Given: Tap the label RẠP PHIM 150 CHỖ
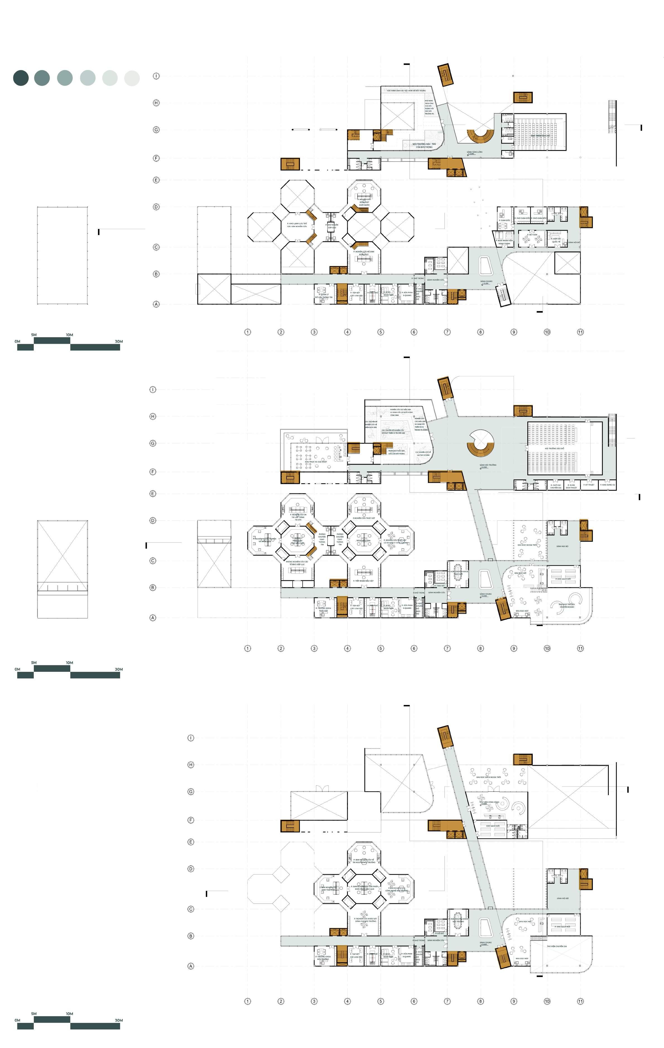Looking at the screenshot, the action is [x=540, y=136].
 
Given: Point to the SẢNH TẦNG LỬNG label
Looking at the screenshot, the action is [x=474, y=152].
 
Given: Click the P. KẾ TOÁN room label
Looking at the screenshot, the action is [x=532, y=235].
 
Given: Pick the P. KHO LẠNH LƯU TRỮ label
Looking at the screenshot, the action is [x=297, y=224].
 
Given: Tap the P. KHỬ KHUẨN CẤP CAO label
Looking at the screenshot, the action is [x=332, y=226].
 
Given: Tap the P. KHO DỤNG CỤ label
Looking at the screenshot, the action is [x=607, y=484].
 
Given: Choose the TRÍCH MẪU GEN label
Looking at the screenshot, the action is [x=363, y=540].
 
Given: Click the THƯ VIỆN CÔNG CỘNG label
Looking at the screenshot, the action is [x=489, y=802].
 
